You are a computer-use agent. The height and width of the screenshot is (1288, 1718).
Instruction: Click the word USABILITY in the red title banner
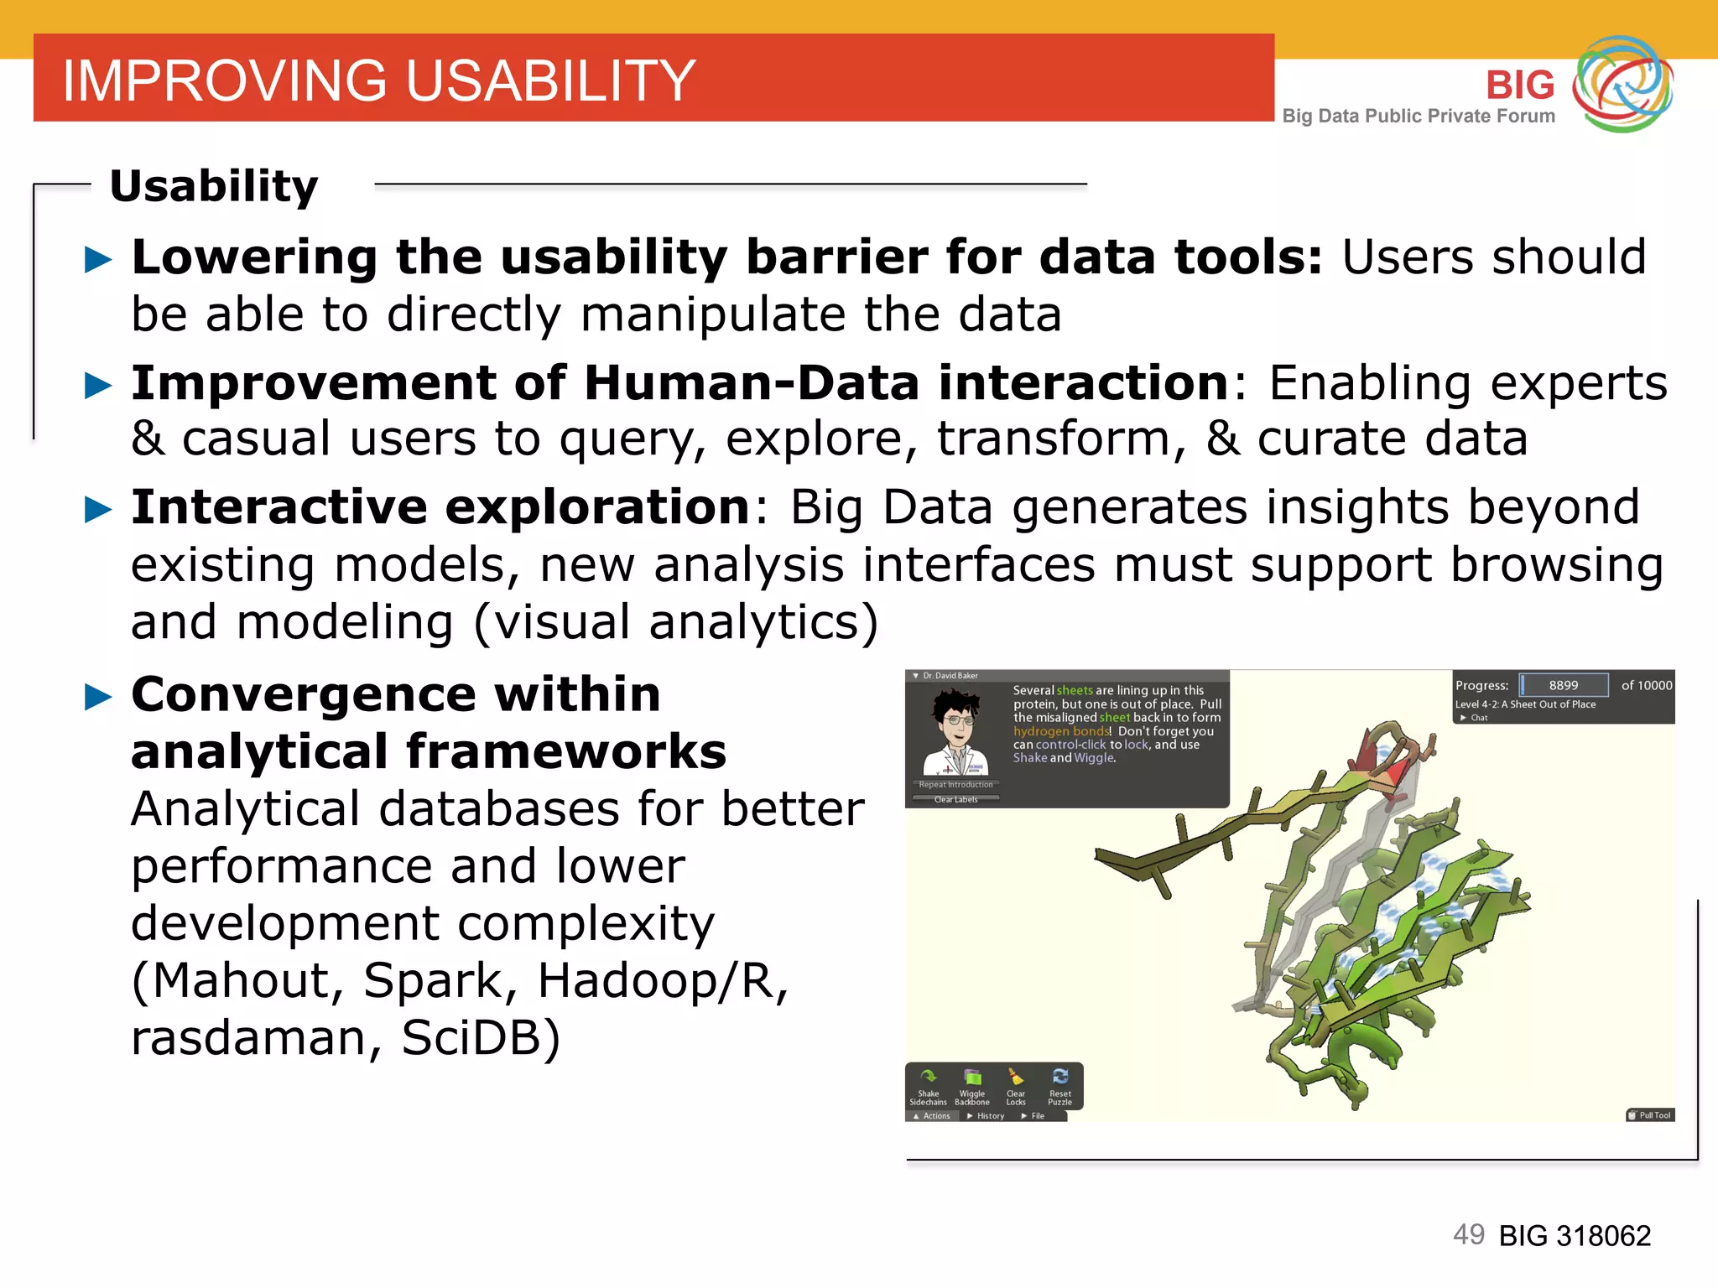tap(550, 81)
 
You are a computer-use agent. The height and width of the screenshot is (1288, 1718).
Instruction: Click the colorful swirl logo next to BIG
tap(1622, 84)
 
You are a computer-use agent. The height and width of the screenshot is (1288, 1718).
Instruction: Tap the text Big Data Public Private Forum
tap(1418, 117)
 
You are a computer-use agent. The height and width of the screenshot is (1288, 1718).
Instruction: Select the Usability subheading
tap(214, 185)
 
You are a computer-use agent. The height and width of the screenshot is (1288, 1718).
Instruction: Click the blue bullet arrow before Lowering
tap(98, 259)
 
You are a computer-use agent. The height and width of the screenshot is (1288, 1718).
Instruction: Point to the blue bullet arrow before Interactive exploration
tap(98, 509)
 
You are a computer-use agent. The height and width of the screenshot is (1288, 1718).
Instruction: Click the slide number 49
tap(1468, 1234)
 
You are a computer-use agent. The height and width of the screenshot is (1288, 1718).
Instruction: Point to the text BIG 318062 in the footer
tap(1575, 1236)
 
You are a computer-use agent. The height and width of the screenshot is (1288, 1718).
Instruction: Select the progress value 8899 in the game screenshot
tap(1563, 685)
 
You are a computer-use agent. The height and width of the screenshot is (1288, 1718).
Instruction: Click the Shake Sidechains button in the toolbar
tap(928, 1086)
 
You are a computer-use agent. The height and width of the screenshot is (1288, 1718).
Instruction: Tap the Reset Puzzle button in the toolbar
tap(1059, 1086)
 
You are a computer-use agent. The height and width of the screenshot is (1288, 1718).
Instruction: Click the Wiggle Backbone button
tap(971, 1086)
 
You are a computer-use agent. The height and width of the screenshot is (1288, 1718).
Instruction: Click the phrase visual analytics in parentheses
tap(676, 623)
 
